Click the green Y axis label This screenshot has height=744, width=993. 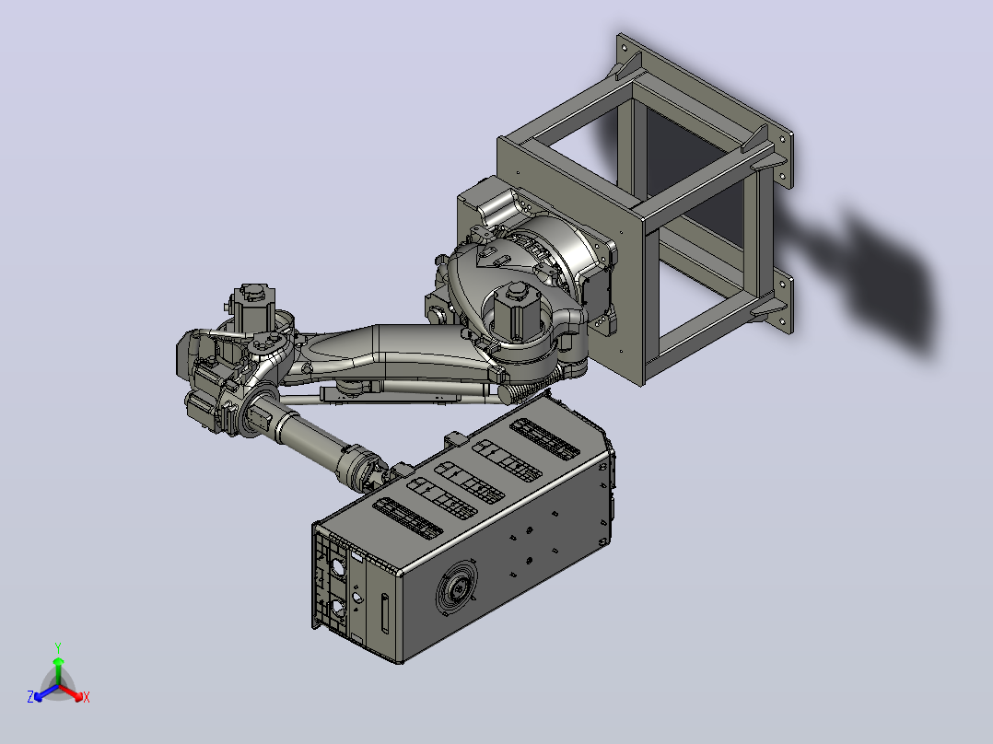coord(58,647)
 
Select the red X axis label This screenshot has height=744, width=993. coord(87,698)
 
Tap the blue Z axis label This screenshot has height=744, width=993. coord(30,696)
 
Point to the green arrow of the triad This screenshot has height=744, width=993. coord(58,671)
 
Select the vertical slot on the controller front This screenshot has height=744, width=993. coord(385,613)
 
